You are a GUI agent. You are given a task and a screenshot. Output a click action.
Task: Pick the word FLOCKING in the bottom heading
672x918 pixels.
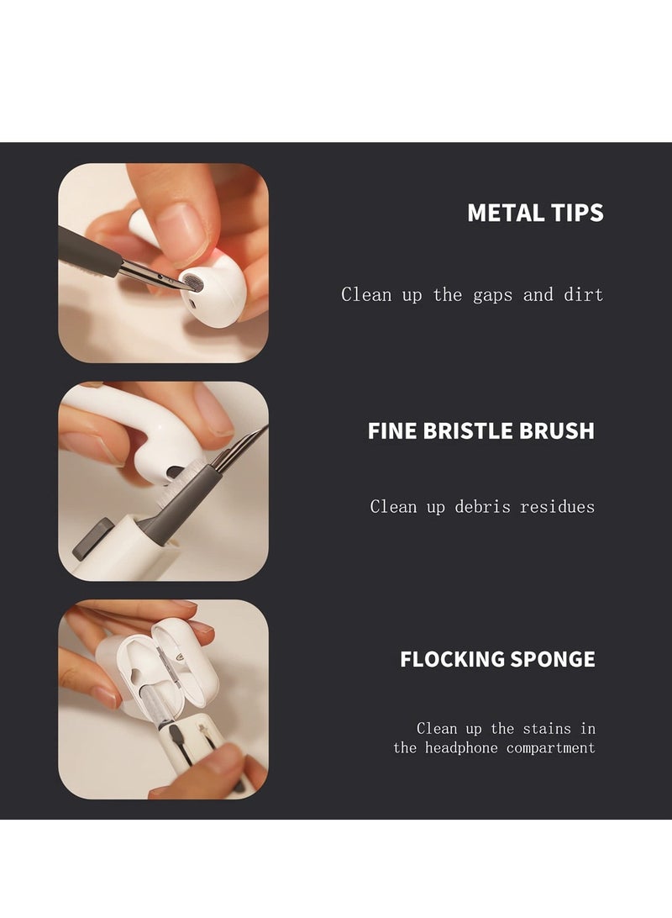(x=453, y=659)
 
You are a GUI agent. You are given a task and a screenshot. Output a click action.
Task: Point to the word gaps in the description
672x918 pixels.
(x=492, y=294)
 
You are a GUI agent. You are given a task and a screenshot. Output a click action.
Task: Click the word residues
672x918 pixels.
(x=557, y=506)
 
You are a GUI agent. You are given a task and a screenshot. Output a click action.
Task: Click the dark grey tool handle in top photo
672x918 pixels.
(x=87, y=249)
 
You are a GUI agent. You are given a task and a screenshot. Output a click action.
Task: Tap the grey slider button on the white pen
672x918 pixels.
(x=93, y=541)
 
